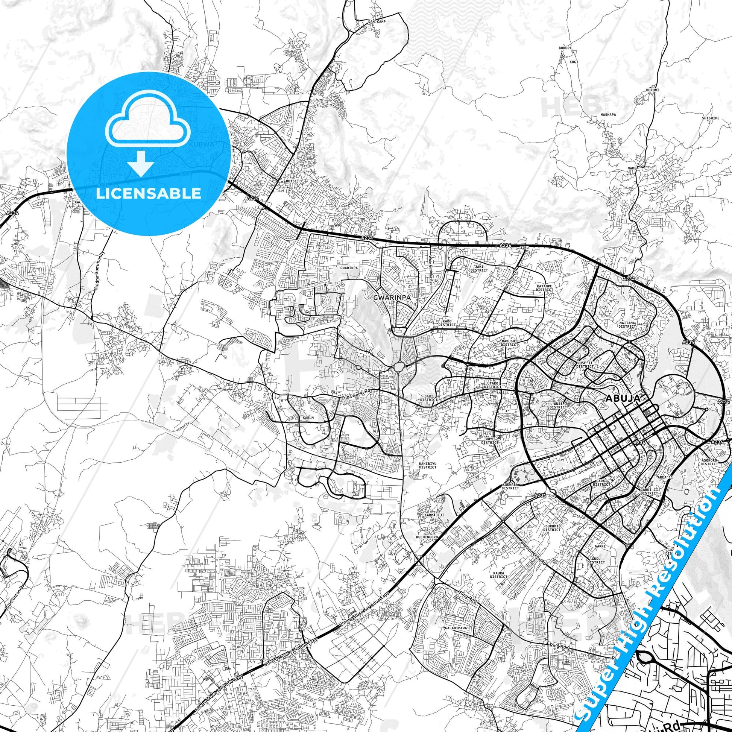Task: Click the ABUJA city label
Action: (623, 398)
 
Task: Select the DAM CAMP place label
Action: (377, 22)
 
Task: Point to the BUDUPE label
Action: (565, 48)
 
